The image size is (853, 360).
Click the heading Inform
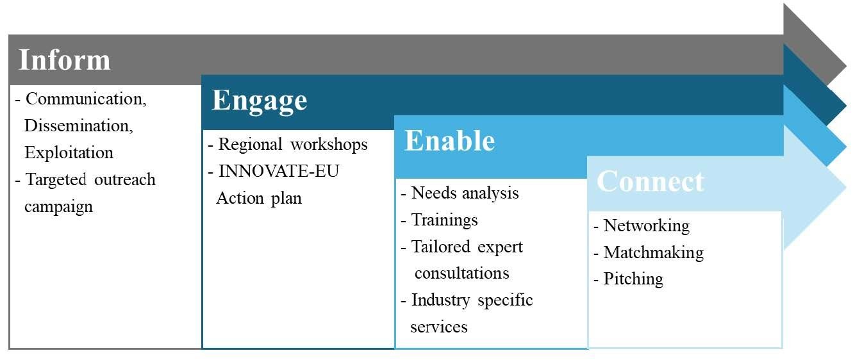(x=64, y=60)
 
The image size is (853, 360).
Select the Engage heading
(x=260, y=101)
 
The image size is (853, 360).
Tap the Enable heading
(x=450, y=141)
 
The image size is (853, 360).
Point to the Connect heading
(x=650, y=181)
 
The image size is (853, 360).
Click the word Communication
(x=86, y=99)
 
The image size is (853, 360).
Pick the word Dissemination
(x=79, y=126)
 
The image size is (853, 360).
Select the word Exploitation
(x=69, y=152)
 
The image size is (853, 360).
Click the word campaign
(x=59, y=208)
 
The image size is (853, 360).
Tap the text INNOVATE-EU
(x=279, y=171)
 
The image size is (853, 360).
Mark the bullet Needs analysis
(x=460, y=193)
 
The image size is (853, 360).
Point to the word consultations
(x=462, y=274)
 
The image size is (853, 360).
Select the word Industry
(x=440, y=300)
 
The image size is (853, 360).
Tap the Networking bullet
(x=642, y=226)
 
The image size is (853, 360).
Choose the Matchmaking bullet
(x=649, y=252)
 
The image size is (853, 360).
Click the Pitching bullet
(x=629, y=279)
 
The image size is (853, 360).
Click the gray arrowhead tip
(x=846, y=64)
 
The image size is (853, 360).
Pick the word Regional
(x=250, y=145)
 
